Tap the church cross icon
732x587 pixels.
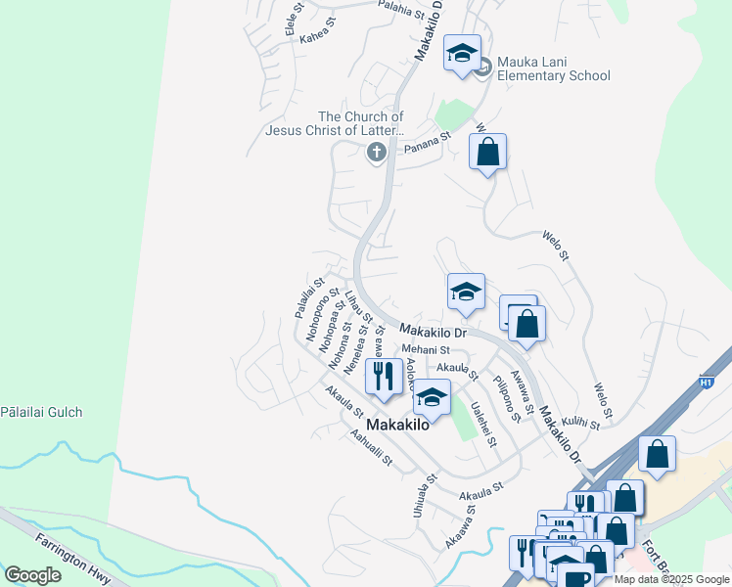(x=376, y=152)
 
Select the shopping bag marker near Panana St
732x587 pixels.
(x=487, y=153)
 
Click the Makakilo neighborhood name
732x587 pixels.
(x=399, y=425)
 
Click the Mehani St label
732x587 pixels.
(x=425, y=349)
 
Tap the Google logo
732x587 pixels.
(x=32, y=574)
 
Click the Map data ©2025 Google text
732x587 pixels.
(x=671, y=579)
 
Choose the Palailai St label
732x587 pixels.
(x=303, y=297)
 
